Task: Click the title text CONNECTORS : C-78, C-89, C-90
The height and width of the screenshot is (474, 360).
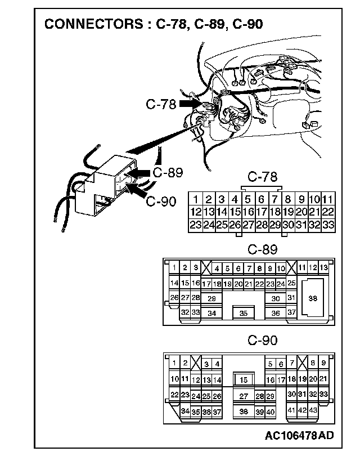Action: click(153, 24)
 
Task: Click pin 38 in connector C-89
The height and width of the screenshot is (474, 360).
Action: click(313, 299)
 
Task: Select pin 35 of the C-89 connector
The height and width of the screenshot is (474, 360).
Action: click(243, 313)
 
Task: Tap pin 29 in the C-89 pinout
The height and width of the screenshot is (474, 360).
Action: click(211, 298)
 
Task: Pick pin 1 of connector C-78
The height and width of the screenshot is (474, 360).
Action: click(195, 199)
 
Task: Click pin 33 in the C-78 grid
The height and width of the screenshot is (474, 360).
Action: click(328, 225)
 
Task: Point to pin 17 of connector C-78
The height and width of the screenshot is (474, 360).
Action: click(261, 212)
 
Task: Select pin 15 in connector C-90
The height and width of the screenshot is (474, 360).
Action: click(244, 381)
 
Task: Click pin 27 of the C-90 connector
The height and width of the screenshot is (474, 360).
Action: click(244, 396)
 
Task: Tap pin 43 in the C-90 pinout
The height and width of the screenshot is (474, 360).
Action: click(313, 411)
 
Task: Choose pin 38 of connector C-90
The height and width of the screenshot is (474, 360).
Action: click(244, 412)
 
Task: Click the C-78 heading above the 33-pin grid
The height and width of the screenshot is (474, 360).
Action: click(262, 177)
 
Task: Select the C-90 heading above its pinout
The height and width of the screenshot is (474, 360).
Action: click(262, 341)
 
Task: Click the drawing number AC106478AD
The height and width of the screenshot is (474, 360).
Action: click(300, 435)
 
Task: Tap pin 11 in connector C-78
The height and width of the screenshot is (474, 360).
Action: click(328, 199)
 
